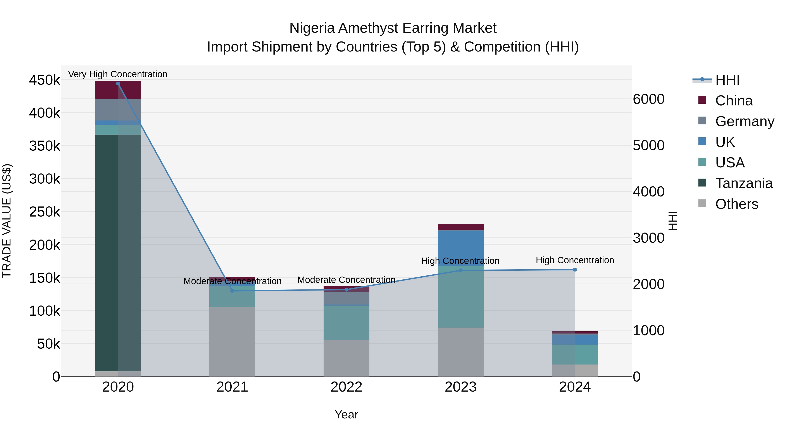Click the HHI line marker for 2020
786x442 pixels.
pyautogui.click(x=118, y=84)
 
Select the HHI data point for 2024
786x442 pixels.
pyautogui.click(x=575, y=270)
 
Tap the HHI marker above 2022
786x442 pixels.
pyautogui.click(x=346, y=289)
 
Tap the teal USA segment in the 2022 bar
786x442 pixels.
pyautogui.click(x=346, y=323)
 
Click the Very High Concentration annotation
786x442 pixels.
pyautogui.click(x=117, y=74)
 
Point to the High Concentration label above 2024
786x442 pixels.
pyautogui.click(x=575, y=260)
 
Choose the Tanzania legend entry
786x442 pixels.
pyautogui.click(x=744, y=183)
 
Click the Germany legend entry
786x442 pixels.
pyautogui.click(x=745, y=121)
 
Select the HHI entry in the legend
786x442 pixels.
pyautogui.click(x=727, y=80)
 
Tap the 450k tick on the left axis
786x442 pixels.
pyautogui.click(x=45, y=80)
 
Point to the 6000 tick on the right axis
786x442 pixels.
pyautogui.click(x=648, y=99)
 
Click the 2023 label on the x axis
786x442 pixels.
pyautogui.click(x=460, y=387)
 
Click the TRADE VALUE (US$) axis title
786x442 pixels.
pyautogui.click(x=7, y=221)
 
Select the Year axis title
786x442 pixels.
pyautogui.click(x=346, y=414)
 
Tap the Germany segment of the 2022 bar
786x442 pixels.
pyautogui.click(x=346, y=298)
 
